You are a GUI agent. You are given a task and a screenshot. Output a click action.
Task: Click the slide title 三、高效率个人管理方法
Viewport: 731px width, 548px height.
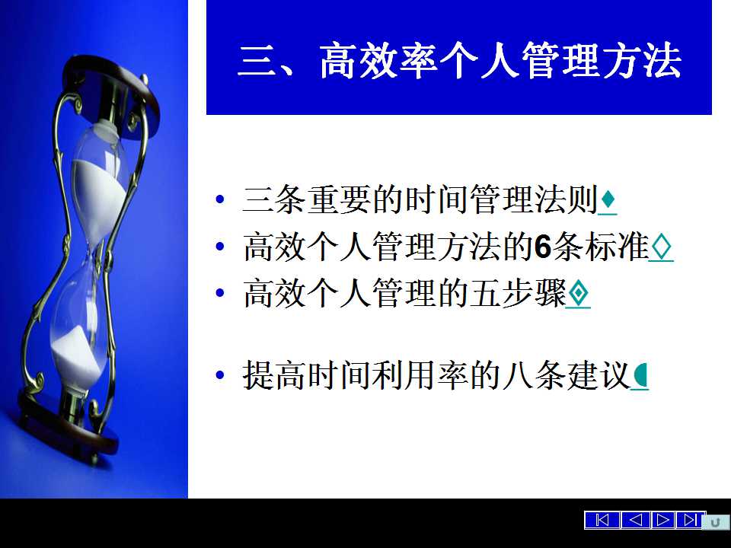[x=460, y=61]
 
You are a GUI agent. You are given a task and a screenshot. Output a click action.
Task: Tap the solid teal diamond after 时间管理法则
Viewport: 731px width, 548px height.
[x=608, y=200]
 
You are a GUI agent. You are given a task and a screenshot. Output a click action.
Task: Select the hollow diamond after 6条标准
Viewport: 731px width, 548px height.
[x=661, y=247]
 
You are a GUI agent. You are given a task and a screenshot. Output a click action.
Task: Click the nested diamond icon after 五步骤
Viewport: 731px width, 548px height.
[x=578, y=294]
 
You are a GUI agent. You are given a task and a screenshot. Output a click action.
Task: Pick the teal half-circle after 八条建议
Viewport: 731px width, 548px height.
[x=641, y=375]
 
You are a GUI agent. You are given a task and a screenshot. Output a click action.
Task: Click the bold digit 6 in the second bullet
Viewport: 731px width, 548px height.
[x=543, y=247]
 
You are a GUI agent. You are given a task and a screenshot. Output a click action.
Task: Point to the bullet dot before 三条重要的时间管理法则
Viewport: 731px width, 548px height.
[x=220, y=200]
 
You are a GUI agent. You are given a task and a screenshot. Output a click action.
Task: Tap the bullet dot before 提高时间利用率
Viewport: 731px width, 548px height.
[x=220, y=375]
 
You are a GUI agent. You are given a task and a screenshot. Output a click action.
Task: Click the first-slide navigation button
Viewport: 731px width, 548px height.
[x=602, y=520]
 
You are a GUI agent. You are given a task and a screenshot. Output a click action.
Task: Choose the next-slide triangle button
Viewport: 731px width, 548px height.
[x=662, y=520]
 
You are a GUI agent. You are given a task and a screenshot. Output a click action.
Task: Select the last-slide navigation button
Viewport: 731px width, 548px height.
[x=691, y=520]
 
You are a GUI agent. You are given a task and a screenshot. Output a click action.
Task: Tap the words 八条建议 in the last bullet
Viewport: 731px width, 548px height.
[x=567, y=375]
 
